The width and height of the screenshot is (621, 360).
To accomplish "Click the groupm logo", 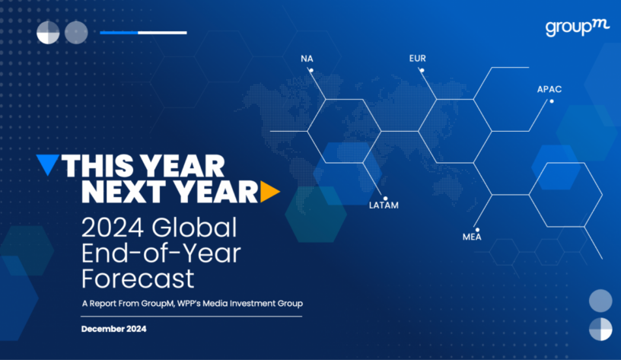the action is [x=578, y=27].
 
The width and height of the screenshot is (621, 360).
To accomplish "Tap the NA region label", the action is [x=307, y=59].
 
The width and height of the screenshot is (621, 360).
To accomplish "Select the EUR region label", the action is [x=418, y=59].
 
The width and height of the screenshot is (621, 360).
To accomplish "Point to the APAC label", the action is [x=549, y=90].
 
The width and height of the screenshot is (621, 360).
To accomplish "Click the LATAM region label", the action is [x=384, y=205].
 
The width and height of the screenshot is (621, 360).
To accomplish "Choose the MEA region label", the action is [x=472, y=237].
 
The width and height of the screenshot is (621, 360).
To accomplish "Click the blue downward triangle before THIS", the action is [x=48, y=164].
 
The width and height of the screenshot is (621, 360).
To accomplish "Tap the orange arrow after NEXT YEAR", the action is [x=270, y=192].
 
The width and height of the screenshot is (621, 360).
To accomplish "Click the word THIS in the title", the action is [x=97, y=166].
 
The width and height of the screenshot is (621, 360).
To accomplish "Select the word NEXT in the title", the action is [x=123, y=192].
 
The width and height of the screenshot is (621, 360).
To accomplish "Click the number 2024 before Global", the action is [x=113, y=228].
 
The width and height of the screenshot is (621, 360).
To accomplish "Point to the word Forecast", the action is [x=138, y=279].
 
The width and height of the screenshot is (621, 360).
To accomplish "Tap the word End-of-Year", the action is [x=161, y=253].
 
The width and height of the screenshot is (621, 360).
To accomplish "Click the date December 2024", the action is [x=113, y=329].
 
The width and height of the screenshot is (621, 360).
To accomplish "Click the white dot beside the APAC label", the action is [x=552, y=101].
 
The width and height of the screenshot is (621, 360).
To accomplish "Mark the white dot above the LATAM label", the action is [x=385, y=199].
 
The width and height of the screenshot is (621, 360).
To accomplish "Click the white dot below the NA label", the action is [x=311, y=71].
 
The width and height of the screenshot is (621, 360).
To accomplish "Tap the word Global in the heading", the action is [x=194, y=228].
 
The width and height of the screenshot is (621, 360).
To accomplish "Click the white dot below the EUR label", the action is [x=422, y=71].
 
